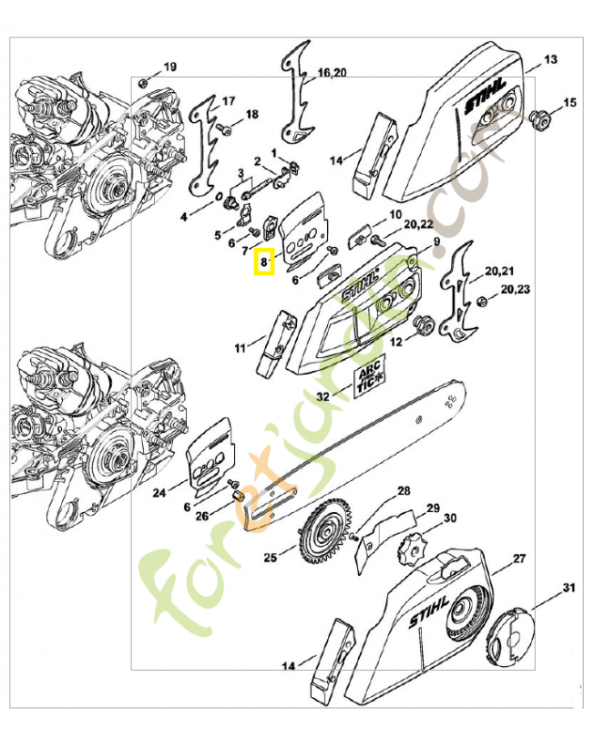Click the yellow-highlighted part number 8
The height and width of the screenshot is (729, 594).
263,262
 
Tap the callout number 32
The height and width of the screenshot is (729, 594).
323,396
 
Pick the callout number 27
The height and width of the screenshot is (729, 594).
518,557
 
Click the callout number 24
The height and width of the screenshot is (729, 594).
159,493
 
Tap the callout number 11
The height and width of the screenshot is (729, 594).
240,347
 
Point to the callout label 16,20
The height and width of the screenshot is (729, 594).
332,72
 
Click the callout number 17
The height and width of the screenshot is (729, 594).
228,100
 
